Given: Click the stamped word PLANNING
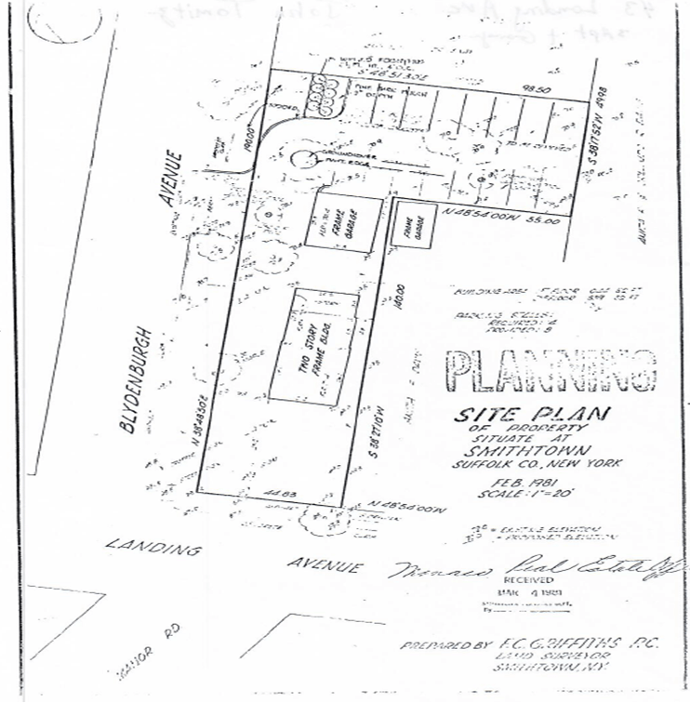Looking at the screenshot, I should click(x=551, y=371).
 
